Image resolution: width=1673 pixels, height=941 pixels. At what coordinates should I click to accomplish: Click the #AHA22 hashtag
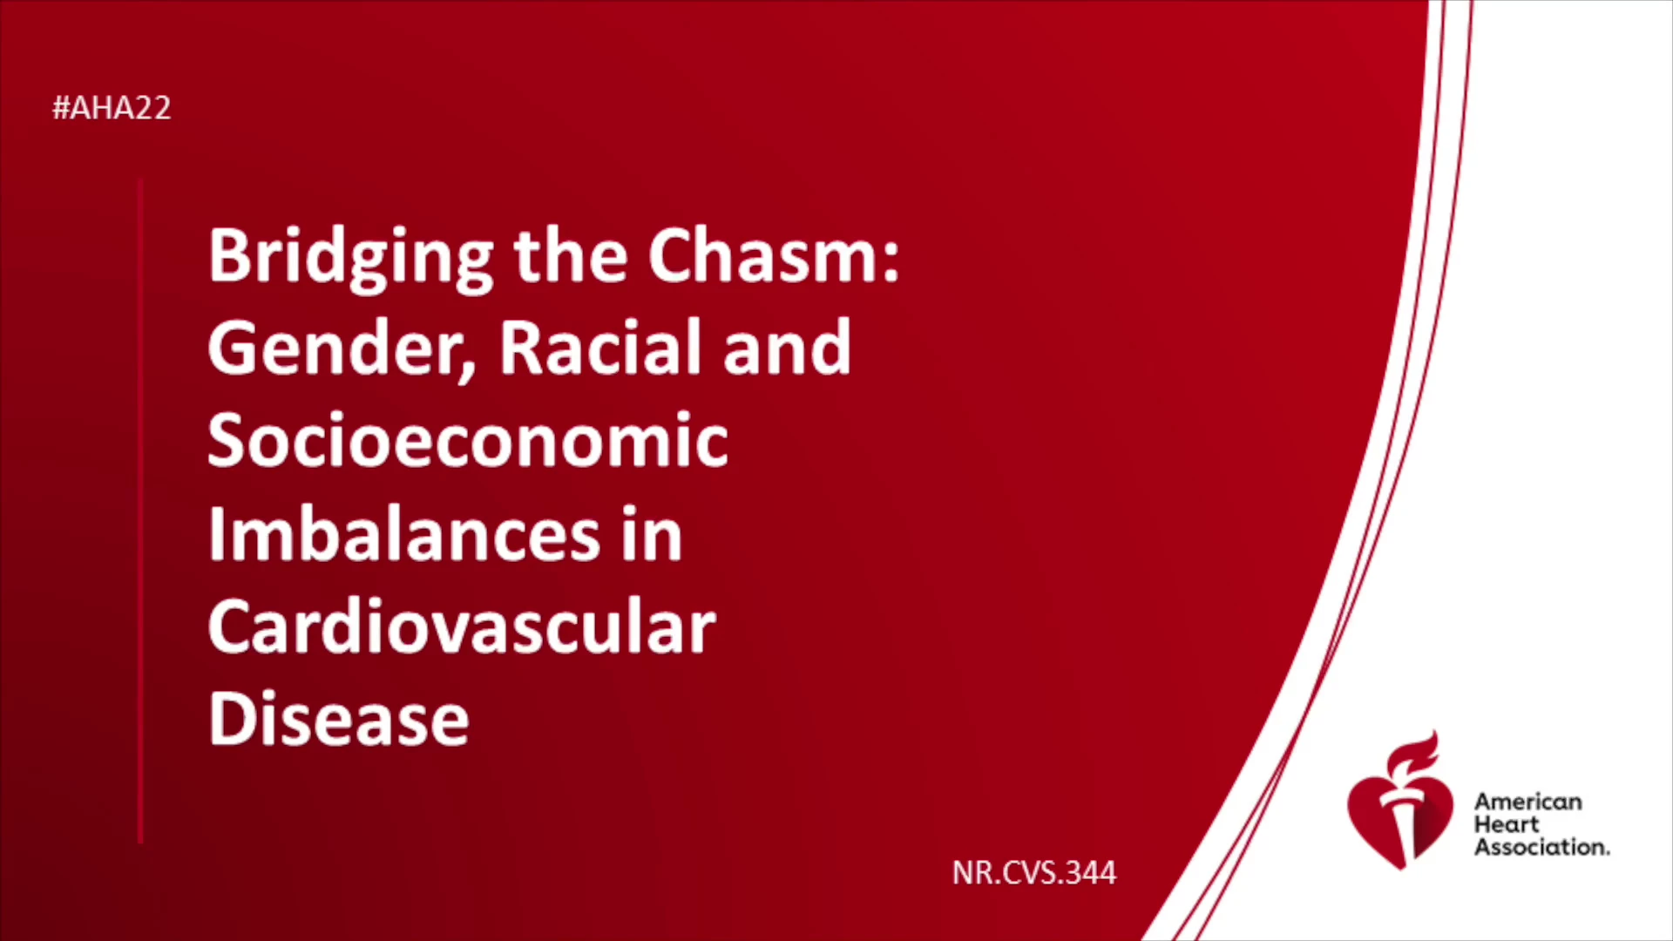click(x=112, y=108)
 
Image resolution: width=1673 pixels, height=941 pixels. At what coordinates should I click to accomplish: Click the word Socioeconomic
click(x=468, y=440)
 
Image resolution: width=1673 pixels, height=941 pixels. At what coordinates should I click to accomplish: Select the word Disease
click(x=339, y=719)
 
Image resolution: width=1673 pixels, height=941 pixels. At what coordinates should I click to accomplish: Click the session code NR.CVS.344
click(x=1034, y=873)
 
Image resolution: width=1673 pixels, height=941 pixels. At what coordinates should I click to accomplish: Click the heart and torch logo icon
click(x=1400, y=801)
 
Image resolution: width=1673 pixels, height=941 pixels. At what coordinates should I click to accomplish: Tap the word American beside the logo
click(x=1528, y=802)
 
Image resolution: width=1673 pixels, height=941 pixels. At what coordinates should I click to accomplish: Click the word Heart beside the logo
click(x=1507, y=824)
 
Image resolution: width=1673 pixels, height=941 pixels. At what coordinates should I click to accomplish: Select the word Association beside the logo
click(x=1541, y=847)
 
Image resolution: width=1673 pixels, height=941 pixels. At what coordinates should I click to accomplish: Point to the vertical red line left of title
click(x=140, y=511)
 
